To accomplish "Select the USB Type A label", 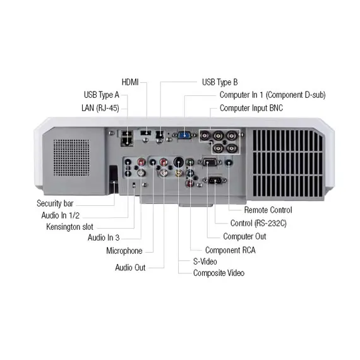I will (101, 95).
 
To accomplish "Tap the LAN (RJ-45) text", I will (100, 107).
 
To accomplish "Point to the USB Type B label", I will (219, 82).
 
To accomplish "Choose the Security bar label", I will (57, 203).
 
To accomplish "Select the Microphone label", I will (124, 251).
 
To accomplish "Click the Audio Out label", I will (130, 267).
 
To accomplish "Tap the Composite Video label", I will (219, 273).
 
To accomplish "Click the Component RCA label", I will (230, 250).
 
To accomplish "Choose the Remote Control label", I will (268, 210).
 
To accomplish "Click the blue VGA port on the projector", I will (184, 134).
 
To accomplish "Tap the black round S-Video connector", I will (178, 161).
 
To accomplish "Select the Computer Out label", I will (244, 236).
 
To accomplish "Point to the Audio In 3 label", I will (104, 237).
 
